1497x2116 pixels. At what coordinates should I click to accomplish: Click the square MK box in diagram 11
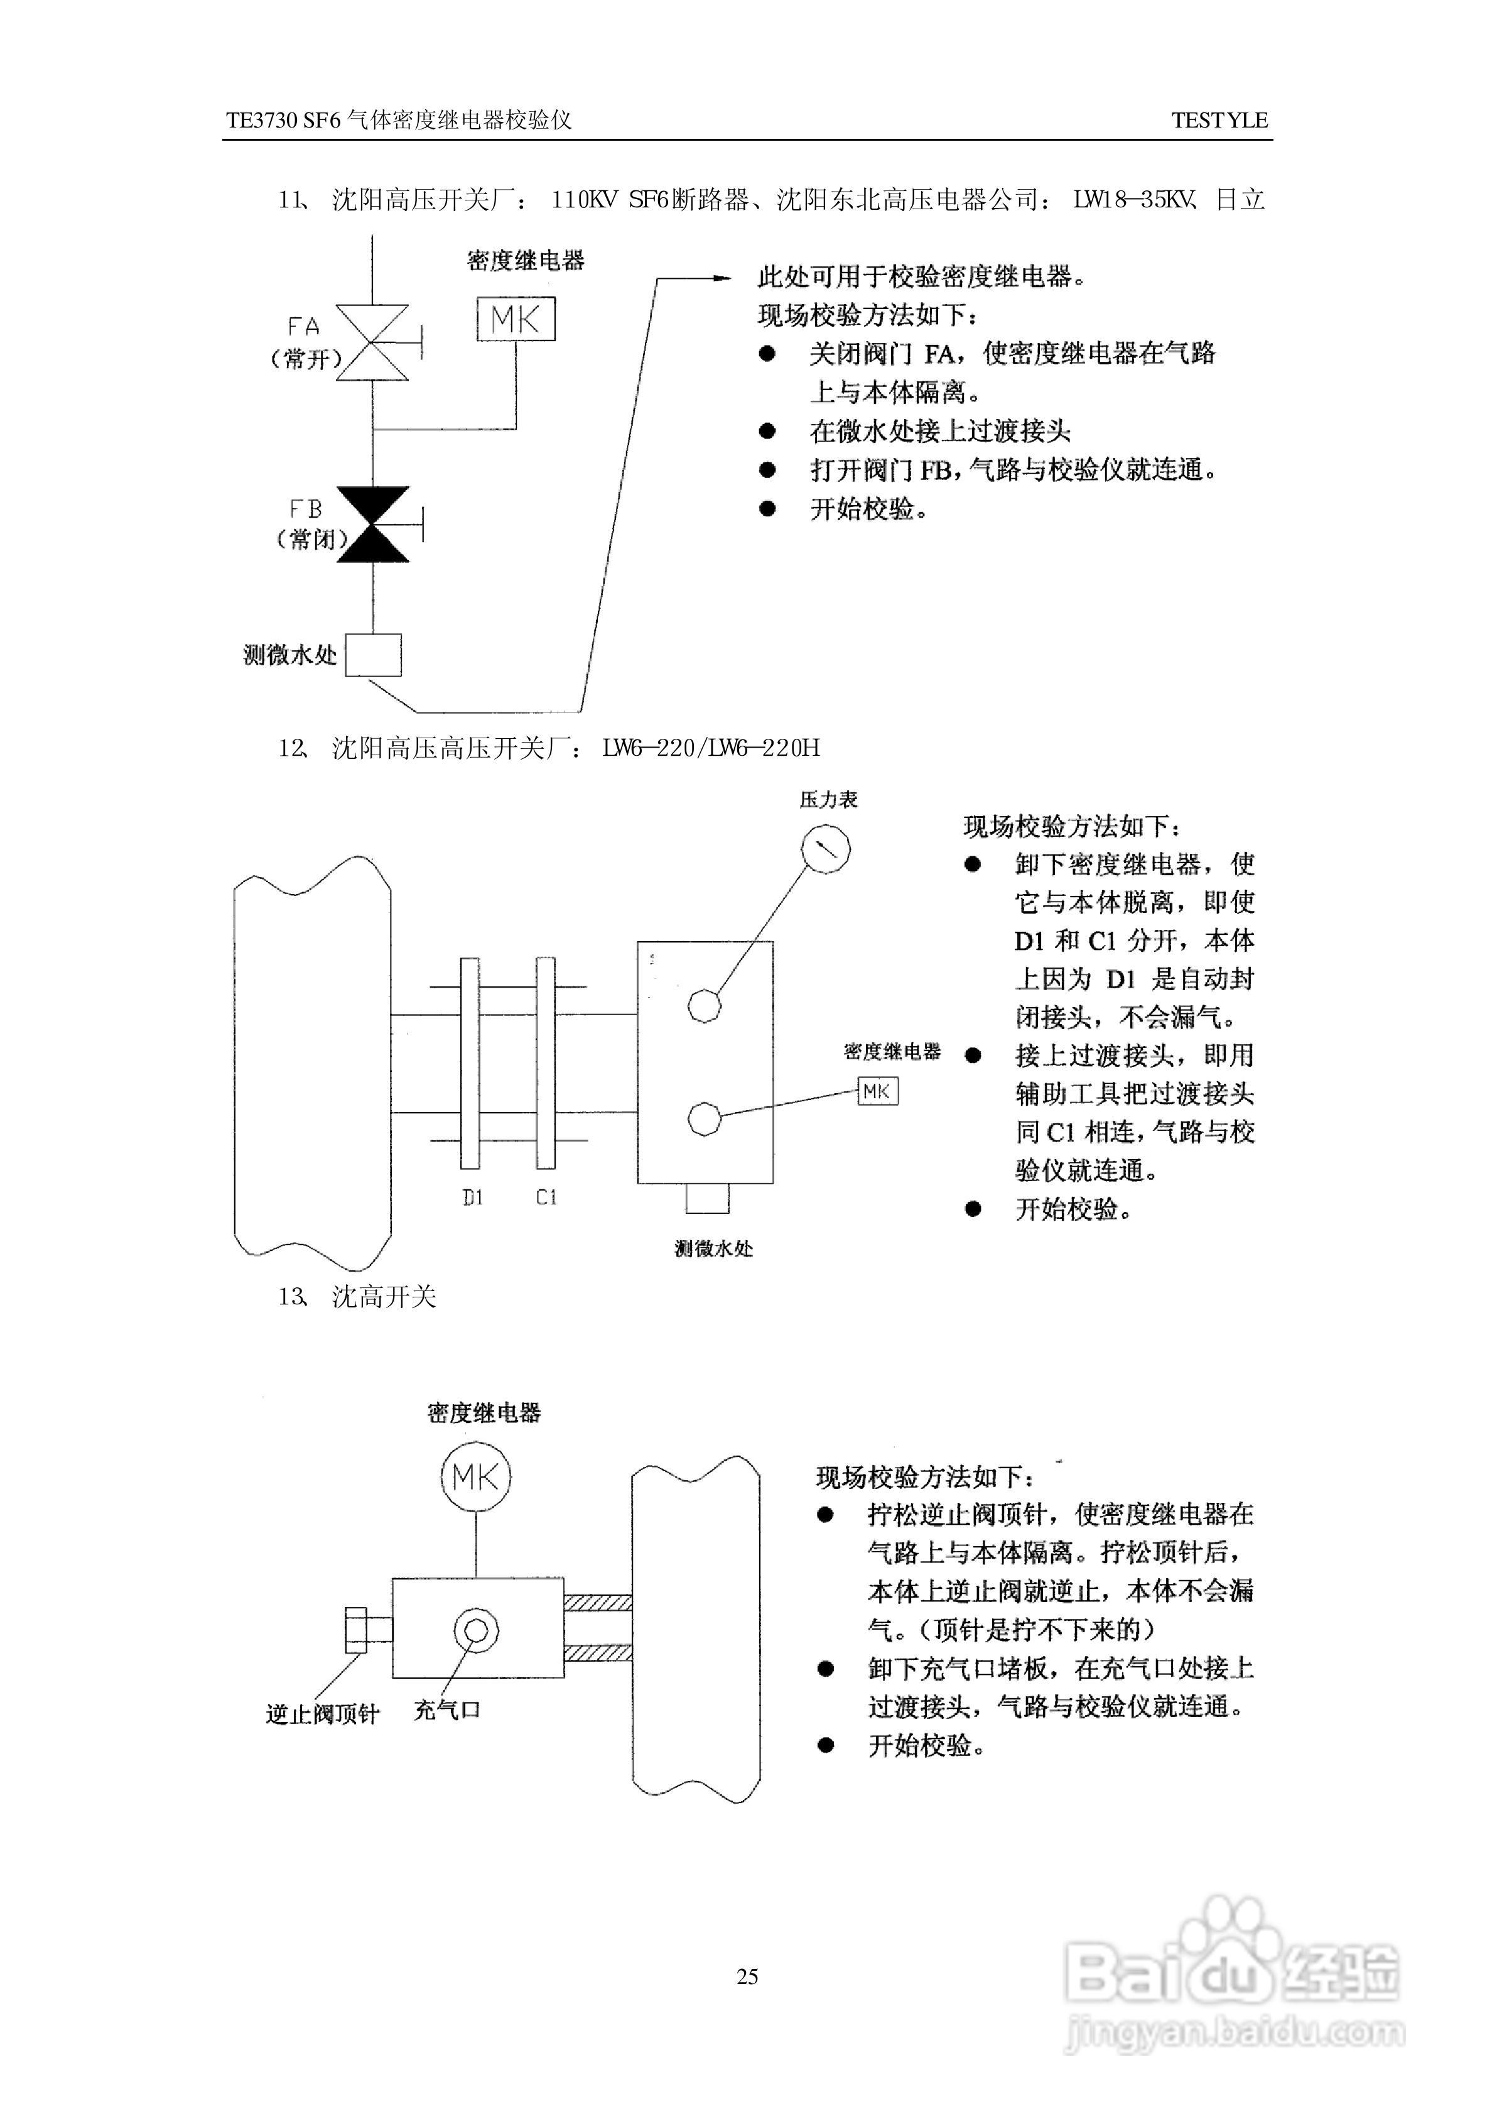click(x=516, y=319)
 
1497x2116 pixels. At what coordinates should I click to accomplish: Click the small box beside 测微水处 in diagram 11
click(x=374, y=655)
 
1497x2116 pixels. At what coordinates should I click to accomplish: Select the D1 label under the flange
click(x=473, y=1197)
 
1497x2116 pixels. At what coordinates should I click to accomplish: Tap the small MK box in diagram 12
click(x=878, y=1092)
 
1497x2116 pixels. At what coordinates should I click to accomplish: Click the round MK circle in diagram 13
click(x=475, y=1477)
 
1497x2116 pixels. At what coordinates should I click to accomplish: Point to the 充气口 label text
click(x=447, y=1710)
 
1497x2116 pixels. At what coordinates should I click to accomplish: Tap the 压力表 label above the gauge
click(x=829, y=799)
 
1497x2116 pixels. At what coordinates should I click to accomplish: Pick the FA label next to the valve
click(x=303, y=327)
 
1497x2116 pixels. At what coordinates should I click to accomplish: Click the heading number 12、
click(x=293, y=747)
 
